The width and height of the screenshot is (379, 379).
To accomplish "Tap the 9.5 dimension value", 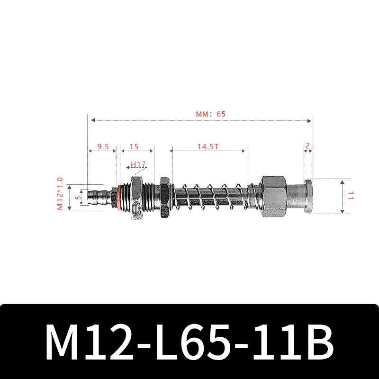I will pyautogui.click(x=103, y=147).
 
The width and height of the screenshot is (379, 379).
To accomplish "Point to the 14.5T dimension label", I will pyautogui.click(x=208, y=147).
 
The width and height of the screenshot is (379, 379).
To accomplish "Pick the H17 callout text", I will pyautogui.click(x=138, y=164).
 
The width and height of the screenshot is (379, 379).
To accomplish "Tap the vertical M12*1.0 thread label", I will pyautogui.click(x=60, y=194).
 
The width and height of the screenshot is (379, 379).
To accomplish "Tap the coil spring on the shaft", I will pyautogui.click(x=211, y=195).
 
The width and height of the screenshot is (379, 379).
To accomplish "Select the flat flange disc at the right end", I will pyautogui.click(x=308, y=195).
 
